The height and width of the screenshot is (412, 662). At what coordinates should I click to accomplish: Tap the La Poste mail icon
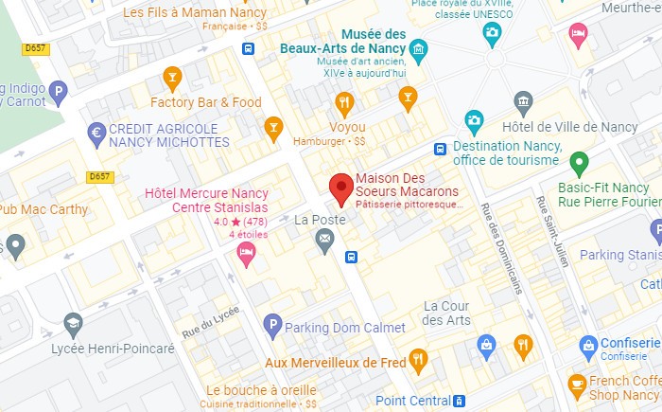325,242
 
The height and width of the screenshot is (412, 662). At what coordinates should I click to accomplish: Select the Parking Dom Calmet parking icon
272,327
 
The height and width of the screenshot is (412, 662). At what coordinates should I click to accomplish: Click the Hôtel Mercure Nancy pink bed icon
246,252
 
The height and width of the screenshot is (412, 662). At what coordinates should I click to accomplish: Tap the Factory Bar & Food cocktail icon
172,78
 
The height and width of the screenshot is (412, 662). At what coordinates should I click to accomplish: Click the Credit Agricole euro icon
96,134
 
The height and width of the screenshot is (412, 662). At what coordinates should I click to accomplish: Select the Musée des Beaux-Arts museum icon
419,48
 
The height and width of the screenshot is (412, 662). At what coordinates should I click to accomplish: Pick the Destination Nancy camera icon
475,122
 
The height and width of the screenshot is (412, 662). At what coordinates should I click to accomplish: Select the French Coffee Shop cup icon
577,385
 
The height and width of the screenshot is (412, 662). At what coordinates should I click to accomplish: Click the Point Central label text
413,401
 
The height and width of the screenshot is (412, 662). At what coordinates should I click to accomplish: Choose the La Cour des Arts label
446,313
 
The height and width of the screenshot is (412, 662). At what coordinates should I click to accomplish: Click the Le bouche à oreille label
258,389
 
